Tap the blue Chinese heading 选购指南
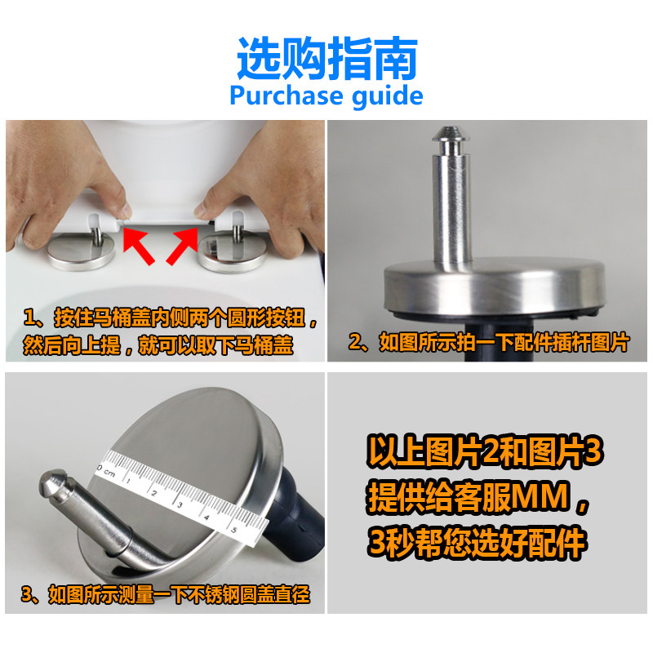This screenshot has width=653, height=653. pyautogui.click(x=327, y=58)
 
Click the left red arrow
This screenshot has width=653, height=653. pyautogui.click(x=138, y=246)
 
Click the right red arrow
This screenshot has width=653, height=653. pyautogui.click(x=182, y=246)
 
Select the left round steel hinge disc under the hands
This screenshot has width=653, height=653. pyautogui.click(x=81, y=251)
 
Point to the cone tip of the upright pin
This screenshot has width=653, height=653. pyautogui.click(x=451, y=133)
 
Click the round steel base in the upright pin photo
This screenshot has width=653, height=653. pyautogui.click(x=494, y=287)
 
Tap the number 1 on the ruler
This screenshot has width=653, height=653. pyautogui.click(x=129, y=481)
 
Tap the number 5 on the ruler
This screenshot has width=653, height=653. pyautogui.click(x=233, y=530)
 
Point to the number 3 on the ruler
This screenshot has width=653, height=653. pyautogui.click(x=180, y=505)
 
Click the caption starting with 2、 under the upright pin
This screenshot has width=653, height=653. pyautogui.click(x=488, y=343)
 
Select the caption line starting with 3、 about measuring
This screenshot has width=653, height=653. pyautogui.click(x=166, y=594)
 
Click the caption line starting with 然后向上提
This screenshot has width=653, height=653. pyautogui.click(x=158, y=345)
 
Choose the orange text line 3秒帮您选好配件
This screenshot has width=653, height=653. pyautogui.click(x=477, y=543)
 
